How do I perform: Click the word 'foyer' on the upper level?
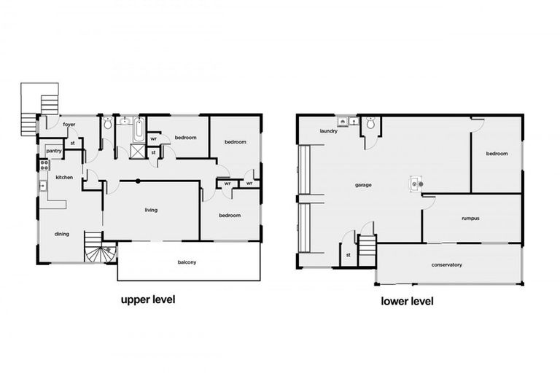coord(69,125)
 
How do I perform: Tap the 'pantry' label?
coord(54,152)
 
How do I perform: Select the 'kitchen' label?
coord(64,177)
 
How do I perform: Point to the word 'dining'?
coord(62,233)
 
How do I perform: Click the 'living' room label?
coord(150,210)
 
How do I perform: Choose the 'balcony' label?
coord(187,262)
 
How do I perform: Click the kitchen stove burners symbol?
coord(44,165)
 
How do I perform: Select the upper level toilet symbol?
coord(108,125)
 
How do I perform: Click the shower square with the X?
coord(136,152)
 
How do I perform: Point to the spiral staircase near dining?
coord(100,251)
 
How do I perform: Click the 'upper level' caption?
coord(147,299)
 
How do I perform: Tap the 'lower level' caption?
coord(408,300)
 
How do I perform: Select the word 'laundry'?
coord(328,131)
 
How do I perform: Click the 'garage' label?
coord(363,185)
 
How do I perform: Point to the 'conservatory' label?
coord(447,264)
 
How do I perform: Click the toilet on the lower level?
coord(370,125)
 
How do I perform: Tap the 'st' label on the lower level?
coord(349,255)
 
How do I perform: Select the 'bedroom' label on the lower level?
coord(497,154)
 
